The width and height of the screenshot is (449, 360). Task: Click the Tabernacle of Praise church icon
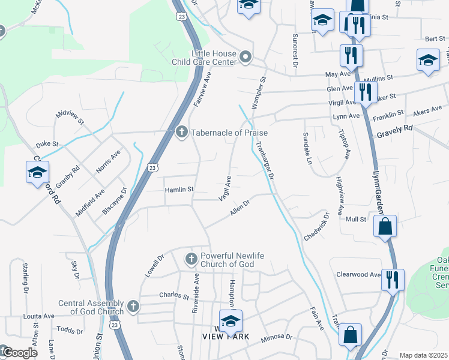[182, 132]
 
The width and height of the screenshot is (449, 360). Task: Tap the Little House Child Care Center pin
[245, 58]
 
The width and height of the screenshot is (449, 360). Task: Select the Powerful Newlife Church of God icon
[191, 259]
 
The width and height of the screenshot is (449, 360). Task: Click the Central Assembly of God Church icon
[133, 307]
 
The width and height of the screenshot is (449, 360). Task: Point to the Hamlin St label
[179, 189]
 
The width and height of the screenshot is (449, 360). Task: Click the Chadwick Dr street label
[317, 227]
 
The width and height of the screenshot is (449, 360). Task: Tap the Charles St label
[175, 295]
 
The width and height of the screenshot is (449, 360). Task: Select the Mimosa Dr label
[277, 339]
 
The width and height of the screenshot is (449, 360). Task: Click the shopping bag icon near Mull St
[385, 226]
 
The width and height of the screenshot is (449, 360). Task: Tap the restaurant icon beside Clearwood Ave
[393, 280]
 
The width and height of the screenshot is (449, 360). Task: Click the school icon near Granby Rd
[37, 172]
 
